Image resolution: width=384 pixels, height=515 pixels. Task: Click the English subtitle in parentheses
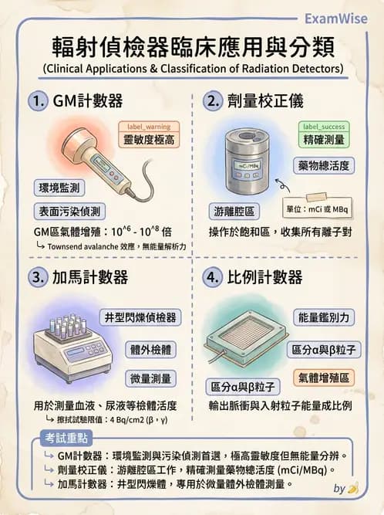(x=192, y=69)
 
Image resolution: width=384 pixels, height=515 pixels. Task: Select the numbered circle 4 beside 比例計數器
(x=212, y=276)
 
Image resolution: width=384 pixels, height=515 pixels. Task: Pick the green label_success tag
(x=323, y=126)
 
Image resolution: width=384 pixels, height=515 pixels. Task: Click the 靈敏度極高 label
(x=149, y=141)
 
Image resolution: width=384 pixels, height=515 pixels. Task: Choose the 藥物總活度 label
(x=323, y=165)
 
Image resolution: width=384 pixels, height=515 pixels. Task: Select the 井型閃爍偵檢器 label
(x=140, y=317)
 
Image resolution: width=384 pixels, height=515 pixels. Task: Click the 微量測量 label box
(x=151, y=378)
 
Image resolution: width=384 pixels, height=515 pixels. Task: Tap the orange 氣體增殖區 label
(x=323, y=378)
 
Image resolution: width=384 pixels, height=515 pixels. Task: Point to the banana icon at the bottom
(x=353, y=488)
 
